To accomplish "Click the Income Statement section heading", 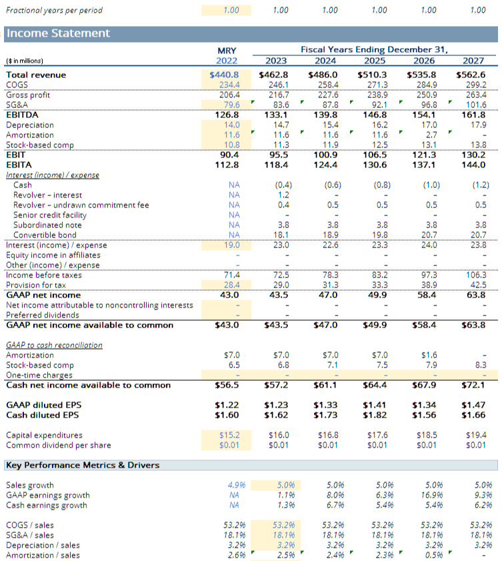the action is (x=58, y=33).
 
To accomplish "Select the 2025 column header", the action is (x=375, y=61).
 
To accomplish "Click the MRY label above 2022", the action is (x=227, y=51).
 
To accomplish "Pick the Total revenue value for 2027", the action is (x=471, y=75).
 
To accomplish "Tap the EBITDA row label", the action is (x=22, y=115).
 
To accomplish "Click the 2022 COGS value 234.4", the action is (x=229, y=85).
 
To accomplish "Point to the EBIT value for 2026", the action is (x=424, y=155).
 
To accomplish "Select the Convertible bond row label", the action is (x=45, y=235).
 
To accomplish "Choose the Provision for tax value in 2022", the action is (x=232, y=285).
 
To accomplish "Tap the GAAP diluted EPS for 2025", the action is (x=375, y=405).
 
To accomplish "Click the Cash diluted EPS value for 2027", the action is (x=473, y=415).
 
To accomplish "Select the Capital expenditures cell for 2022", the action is (x=229, y=435).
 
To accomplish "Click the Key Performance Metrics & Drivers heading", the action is (x=83, y=465).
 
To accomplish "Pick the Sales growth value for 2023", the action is (x=286, y=485).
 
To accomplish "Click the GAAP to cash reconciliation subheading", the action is (x=55, y=346).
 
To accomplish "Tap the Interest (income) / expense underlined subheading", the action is (x=53, y=175).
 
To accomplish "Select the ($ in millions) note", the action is (x=25, y=61).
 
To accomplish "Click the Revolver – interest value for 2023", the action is (x=283, y=195).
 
